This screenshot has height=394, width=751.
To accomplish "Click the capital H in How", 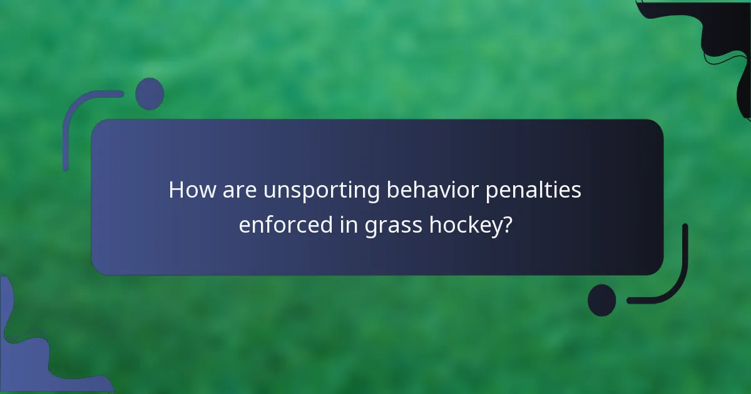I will click(176, 191).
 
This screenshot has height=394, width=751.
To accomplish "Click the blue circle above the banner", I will click(150, 94).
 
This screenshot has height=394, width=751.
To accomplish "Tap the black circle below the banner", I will click(602, 300).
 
